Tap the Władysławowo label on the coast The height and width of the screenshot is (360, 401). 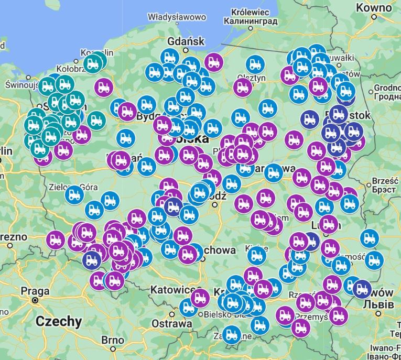coord(177,17)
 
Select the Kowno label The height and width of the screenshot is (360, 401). coord(373,7)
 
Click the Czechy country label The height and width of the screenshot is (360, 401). coord(59,321)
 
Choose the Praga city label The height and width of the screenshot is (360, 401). coord(35,291)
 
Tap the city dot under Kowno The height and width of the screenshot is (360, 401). coord(374,17)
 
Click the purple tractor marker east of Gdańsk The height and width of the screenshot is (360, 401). coord(213,62)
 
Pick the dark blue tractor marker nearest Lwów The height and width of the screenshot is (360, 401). coord(362,288)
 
